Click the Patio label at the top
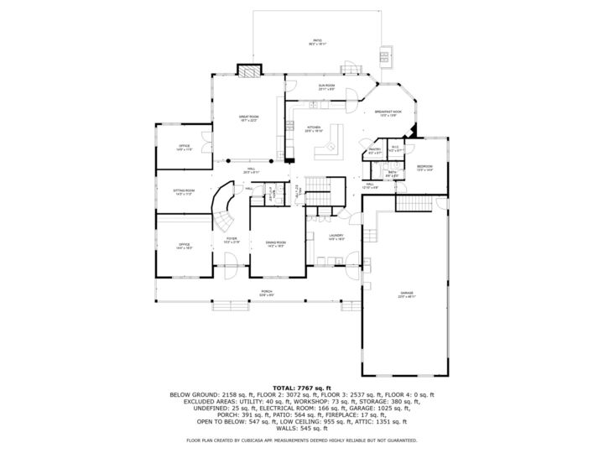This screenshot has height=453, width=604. point(317,41)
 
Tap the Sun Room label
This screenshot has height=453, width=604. point(326,87)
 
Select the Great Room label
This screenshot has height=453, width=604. point(248,118)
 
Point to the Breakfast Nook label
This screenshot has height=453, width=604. point(388,112)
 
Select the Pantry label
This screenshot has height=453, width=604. point(375,151)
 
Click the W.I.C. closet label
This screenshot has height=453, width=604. point(397,148)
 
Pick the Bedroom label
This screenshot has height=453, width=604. point(425,168)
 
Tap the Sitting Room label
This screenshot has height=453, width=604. point(184,192)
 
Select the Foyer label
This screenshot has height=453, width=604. point(232,240)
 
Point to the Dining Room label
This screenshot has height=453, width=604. point(276,244)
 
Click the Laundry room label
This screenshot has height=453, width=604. point(336,237)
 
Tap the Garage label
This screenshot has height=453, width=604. point(406,294)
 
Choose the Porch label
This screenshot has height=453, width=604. point(267,293)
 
